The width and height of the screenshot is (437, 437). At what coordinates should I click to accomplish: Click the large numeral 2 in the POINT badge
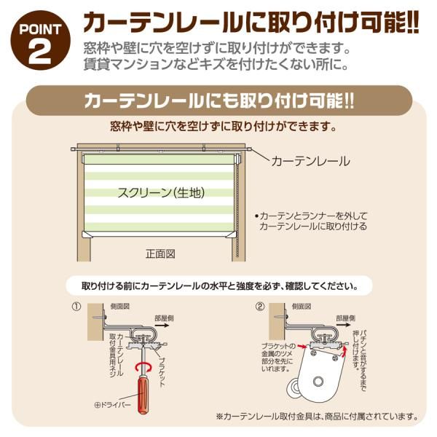coord(40,52)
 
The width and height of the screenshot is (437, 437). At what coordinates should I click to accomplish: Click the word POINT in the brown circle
coord(40,30)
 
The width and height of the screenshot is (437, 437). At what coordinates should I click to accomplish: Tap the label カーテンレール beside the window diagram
coord(310,162)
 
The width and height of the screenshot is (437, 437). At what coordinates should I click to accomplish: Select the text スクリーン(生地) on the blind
coord(161,192)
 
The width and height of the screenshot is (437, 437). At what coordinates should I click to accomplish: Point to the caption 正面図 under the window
coord(160,254)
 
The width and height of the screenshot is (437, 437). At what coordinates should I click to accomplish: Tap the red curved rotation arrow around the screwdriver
coord(143,368)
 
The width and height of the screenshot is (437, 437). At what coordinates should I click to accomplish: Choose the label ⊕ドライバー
coord(112,405)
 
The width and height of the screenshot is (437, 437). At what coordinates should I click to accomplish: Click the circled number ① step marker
coord(76,307)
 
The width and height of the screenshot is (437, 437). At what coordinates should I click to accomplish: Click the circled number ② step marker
coord(259,307)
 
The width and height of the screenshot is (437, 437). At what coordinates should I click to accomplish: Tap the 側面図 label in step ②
coord(302,307)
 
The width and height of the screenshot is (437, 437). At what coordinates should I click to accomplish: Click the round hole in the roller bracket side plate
coord(318,381)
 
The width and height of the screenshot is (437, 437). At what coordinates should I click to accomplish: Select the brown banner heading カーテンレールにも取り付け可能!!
coord(219,101)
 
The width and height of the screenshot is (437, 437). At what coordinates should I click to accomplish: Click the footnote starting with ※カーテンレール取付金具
coord(318,417)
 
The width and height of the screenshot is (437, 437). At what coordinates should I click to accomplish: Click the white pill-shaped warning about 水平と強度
coord(219,286)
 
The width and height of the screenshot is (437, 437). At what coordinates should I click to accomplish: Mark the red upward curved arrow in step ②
coord(345,350)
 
